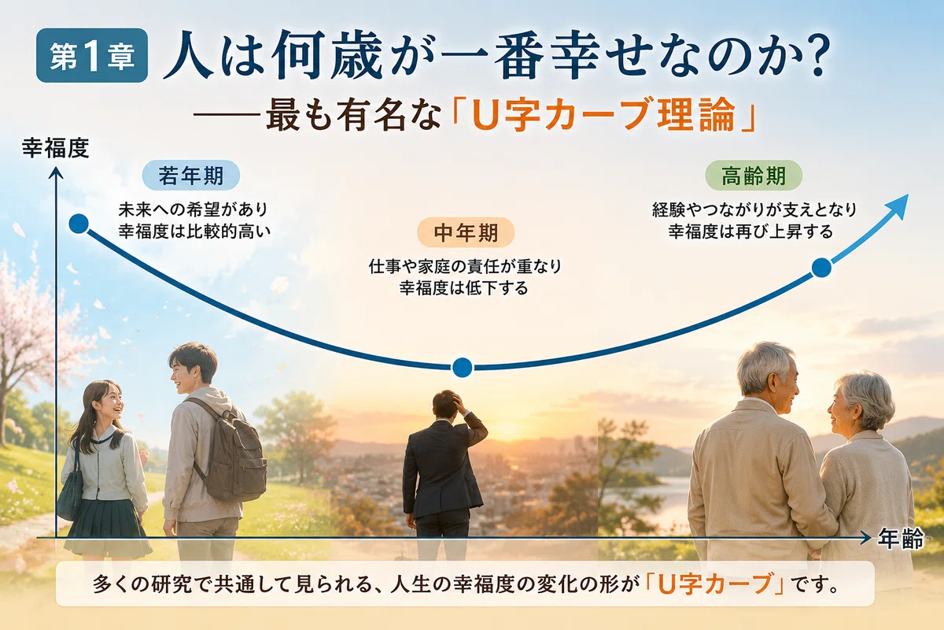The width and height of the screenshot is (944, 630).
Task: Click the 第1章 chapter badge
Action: pos(92,55)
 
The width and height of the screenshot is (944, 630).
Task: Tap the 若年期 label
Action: pos(191,175)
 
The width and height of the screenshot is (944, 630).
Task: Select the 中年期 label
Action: pos(466,232)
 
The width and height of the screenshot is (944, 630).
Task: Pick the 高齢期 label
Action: pos(754,176)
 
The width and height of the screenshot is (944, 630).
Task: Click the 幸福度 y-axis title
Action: pos(56,148)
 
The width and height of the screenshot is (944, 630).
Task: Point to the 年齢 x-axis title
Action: pos(901,539)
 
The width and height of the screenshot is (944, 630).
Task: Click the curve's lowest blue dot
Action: pos(463,367)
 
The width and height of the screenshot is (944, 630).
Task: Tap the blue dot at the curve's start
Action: pos(79,224)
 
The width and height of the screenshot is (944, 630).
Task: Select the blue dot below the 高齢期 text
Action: pos(821,268)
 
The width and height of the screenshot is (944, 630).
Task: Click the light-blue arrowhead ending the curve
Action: pos(898,206)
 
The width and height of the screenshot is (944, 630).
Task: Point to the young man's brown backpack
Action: pos(233,455)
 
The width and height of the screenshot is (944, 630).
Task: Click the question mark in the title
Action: pos(817,56)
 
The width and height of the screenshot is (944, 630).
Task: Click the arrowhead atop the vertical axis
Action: pos(56,172)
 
